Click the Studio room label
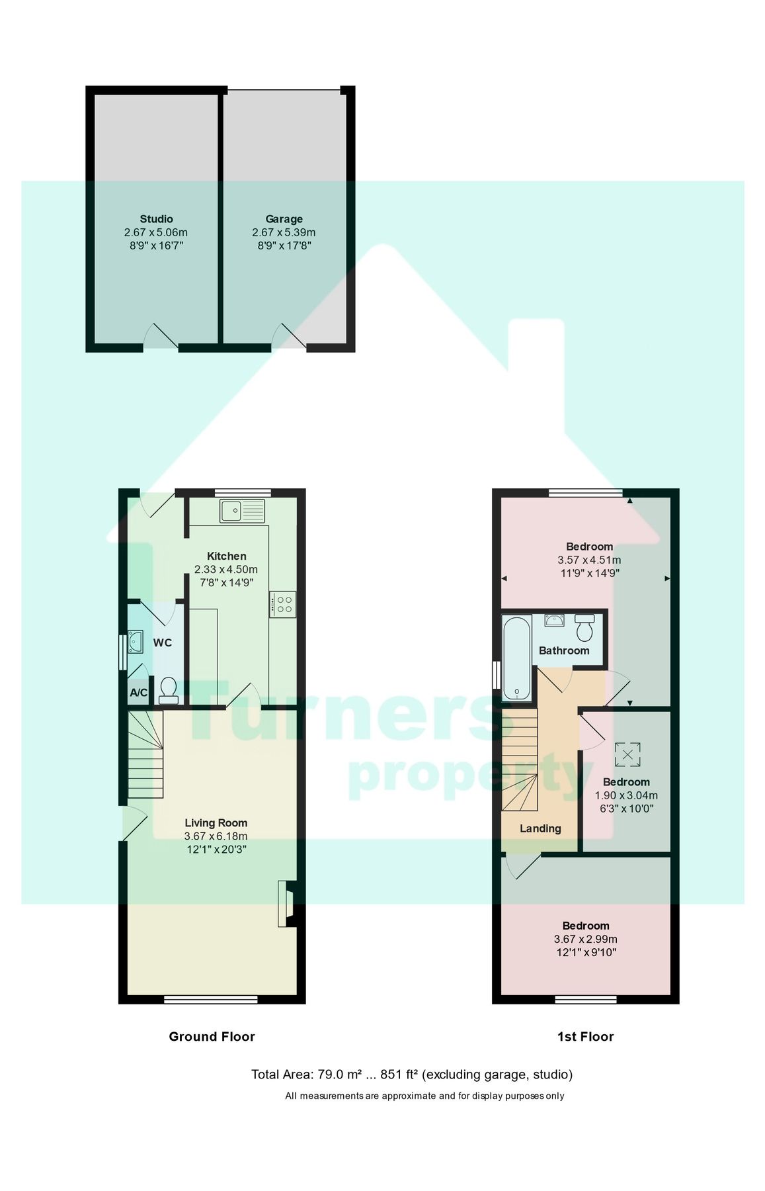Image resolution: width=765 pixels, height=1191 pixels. (156, 219)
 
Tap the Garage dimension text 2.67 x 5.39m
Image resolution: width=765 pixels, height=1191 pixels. (284, 232)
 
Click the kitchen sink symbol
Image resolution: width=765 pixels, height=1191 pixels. (242, 511)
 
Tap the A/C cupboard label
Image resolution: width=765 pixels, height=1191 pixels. (139, 693)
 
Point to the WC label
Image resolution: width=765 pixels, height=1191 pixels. (163, 642)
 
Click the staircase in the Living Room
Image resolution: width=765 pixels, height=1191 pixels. (145, 754)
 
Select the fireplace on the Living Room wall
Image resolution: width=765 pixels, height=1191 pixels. (286, 903)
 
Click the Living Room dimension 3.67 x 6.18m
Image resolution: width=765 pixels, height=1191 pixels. (216, 836)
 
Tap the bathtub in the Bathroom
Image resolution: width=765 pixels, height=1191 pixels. (516, 658)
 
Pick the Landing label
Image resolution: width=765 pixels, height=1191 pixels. (540, 828)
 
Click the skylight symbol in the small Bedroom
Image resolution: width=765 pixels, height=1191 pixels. (627, 753)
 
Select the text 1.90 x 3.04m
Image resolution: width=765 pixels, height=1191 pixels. (626, 795)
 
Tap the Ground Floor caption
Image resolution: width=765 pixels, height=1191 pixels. (212, 1037)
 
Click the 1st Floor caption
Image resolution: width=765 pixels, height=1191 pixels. (585, 1037)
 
